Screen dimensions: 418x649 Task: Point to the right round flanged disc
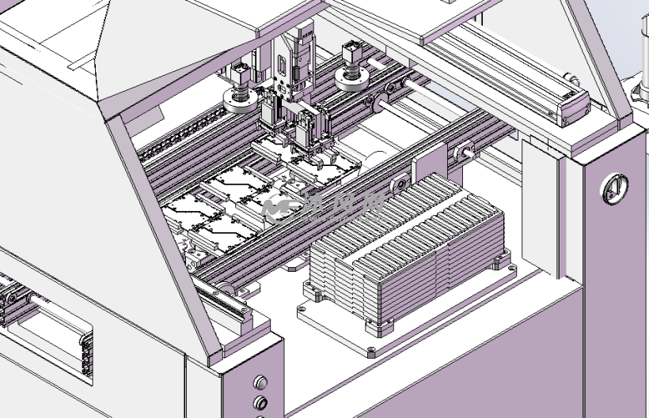(352, 77)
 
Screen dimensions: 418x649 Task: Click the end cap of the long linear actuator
(573, 105)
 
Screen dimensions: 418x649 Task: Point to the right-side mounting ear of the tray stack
(500, 262)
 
